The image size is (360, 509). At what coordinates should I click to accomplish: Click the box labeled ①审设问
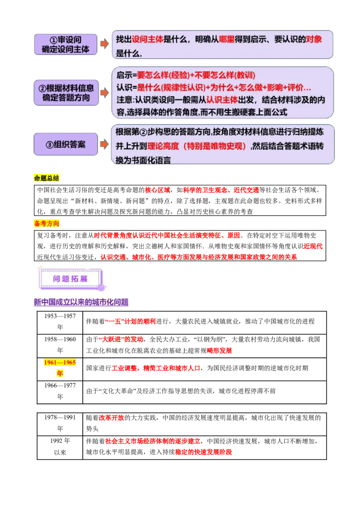click(66, 44)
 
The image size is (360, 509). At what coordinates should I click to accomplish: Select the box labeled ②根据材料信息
click(66, 93)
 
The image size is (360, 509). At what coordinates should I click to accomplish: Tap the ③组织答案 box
click(66, 144)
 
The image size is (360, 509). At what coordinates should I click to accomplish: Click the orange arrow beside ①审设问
click(104, 44)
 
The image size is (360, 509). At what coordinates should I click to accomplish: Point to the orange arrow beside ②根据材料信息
click(104, 93)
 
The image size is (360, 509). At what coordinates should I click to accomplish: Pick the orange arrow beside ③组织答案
click(104, 144)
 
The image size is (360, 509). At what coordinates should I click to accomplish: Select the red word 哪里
click(227, 39)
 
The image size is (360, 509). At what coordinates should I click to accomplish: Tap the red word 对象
click(314, 39)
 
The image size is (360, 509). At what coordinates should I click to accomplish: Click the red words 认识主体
click(222, 100)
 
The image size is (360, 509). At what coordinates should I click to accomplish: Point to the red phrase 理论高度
click(162, 147)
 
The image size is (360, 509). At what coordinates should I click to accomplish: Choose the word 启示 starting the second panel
click(123, 75)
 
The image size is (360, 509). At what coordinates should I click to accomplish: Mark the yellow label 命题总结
click(46, 178)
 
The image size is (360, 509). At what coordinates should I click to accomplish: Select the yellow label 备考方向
click(47, 223)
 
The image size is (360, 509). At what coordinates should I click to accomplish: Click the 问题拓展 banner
click(72, 279)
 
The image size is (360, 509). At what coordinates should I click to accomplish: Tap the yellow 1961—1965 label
click(60, 362)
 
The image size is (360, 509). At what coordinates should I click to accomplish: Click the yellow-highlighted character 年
click(59, 373)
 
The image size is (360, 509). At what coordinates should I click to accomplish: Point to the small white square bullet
click(34, 405)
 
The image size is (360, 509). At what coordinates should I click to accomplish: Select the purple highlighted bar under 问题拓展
click(81, 302)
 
